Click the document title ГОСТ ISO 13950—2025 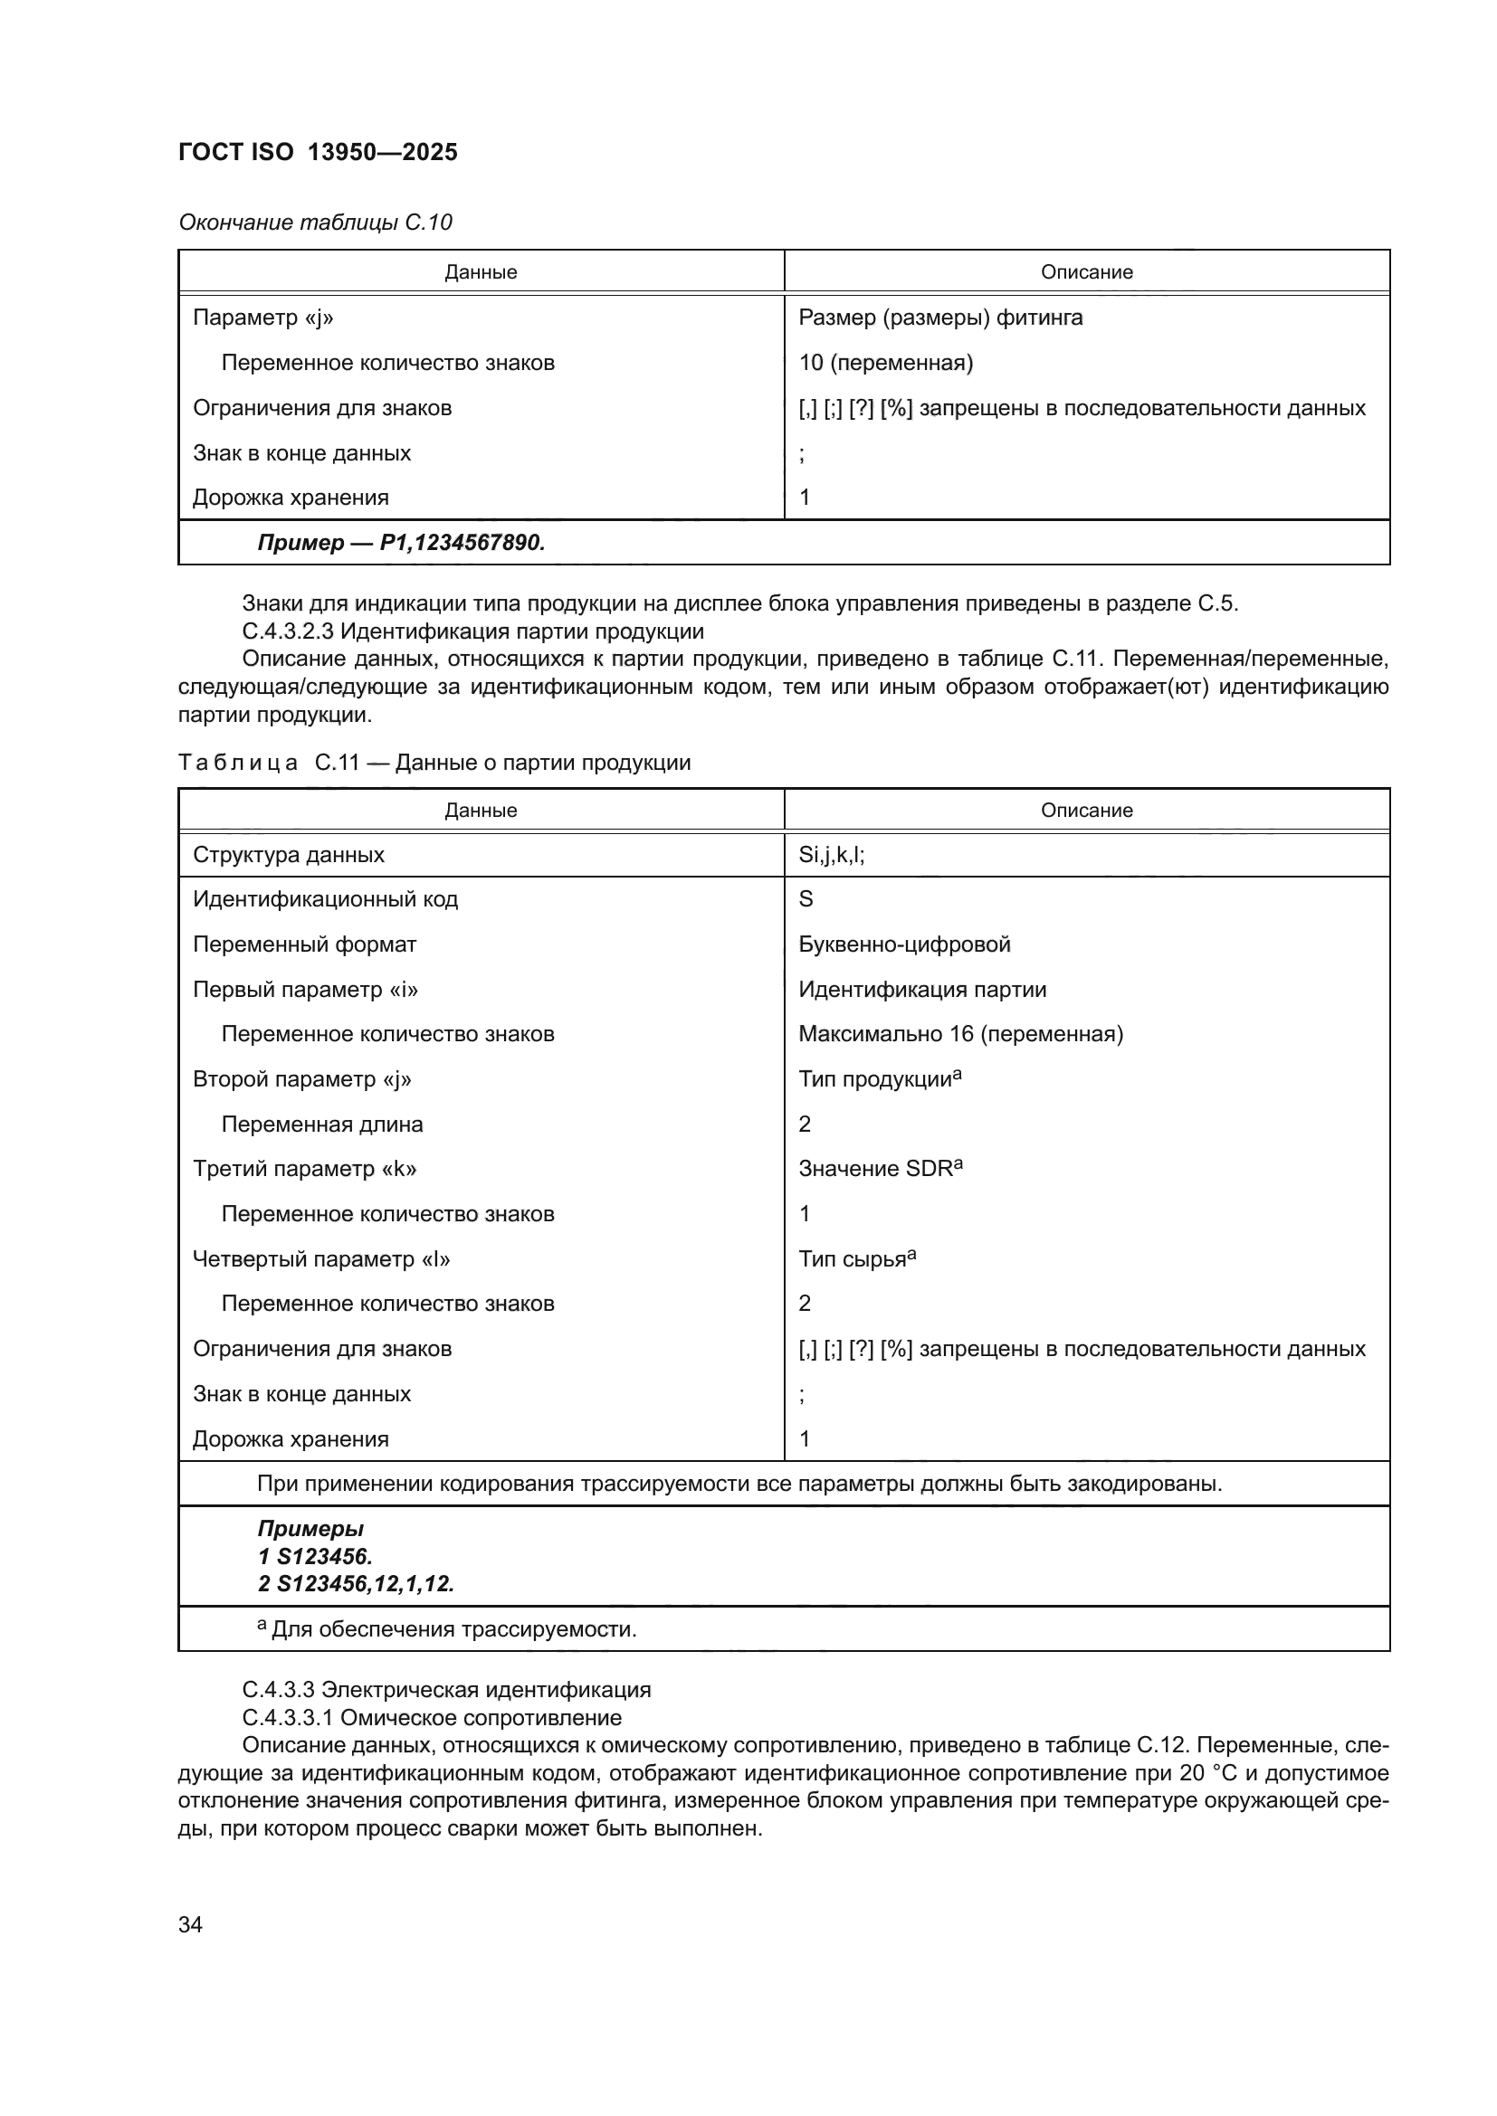click(317, 152)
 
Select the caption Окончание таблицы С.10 click(315, 223)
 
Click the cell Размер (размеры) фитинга click(940, 317)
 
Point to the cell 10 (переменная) click(885, 362)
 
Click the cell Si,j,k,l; click(832, 854)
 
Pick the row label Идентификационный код click(325, 898)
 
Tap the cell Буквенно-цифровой click(904, 944)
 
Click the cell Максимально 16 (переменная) click(960, 1033)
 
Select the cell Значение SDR click(880, 1169)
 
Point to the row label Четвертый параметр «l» click(320, 1259)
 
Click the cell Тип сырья click(856, 1259)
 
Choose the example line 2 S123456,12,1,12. click(356, 1583)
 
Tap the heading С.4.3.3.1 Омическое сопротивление click(432, 1717)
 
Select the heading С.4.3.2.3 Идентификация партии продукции click(472, 631)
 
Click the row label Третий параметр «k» click(304, 1169)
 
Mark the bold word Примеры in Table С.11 click(310, 1528)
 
